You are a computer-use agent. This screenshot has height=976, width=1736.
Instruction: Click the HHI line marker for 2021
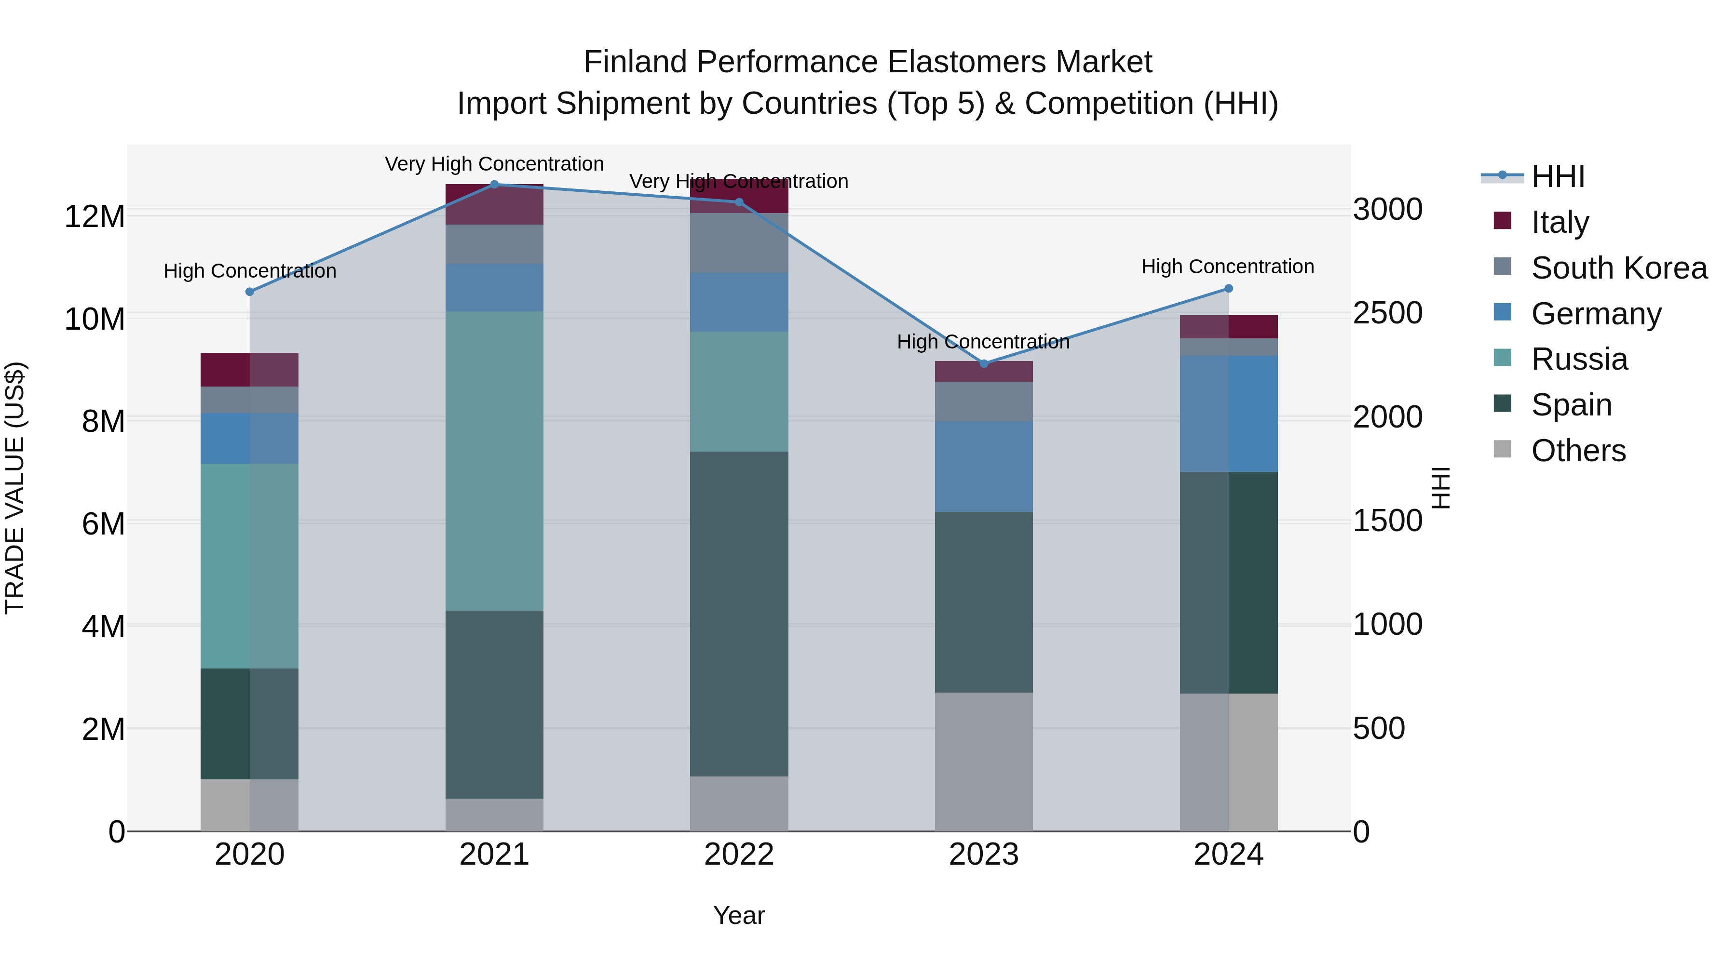coord(494,185)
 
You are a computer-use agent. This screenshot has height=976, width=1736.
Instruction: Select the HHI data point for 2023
coord(983,364)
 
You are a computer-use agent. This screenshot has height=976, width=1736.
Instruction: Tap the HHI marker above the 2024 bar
coord(1228,288)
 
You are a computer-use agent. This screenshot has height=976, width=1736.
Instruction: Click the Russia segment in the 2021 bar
coord(494,461)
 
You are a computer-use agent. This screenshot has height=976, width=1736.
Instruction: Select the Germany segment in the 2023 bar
coord(983,466)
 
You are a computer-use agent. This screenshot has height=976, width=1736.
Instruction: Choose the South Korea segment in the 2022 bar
coord(739,242)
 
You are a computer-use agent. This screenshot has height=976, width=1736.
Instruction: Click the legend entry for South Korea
coord(1619,268)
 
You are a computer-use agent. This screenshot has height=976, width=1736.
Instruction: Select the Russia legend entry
coord(1579,359)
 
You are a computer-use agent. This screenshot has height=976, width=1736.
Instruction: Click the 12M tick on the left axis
coord(95,217)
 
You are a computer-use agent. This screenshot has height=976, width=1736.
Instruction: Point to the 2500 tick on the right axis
coord(1387,313)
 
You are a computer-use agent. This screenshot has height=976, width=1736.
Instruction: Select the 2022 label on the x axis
coord(739,855)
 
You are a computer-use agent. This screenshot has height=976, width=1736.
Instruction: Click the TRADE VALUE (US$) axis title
coord(15,488)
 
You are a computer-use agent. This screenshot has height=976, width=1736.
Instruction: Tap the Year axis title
coord(739,915)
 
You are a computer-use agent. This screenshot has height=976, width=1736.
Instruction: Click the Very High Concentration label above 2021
coord(494,164)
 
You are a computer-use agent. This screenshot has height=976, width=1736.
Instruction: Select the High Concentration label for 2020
coord(249,271)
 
